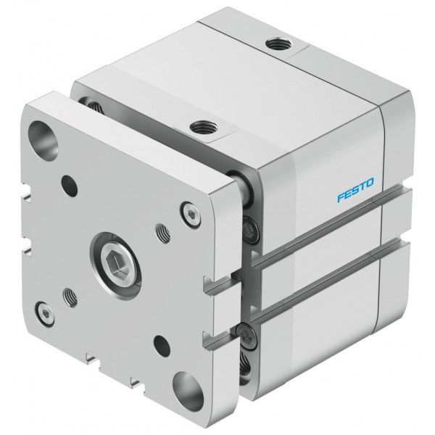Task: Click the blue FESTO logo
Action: click(356, 190)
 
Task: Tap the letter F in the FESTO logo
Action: click(341, 197)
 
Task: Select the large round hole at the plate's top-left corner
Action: click(43, 141)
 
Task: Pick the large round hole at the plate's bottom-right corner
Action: click(188, 391)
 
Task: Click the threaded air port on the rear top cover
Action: click(278, 43)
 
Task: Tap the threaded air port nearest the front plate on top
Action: click(204, 128)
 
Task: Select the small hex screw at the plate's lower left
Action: click(45, 313)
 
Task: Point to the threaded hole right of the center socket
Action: click(163, 233)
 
